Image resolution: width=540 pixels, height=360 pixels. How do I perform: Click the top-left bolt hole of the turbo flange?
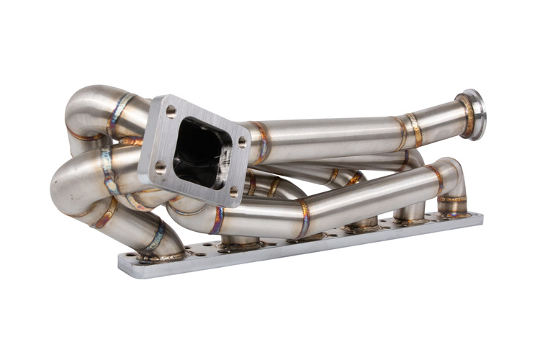(x=171, y=112)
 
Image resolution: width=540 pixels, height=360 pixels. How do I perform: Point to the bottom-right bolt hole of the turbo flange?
(x=233, y=192)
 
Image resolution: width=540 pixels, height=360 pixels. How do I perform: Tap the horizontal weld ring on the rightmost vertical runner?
(x=452, y=199)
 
